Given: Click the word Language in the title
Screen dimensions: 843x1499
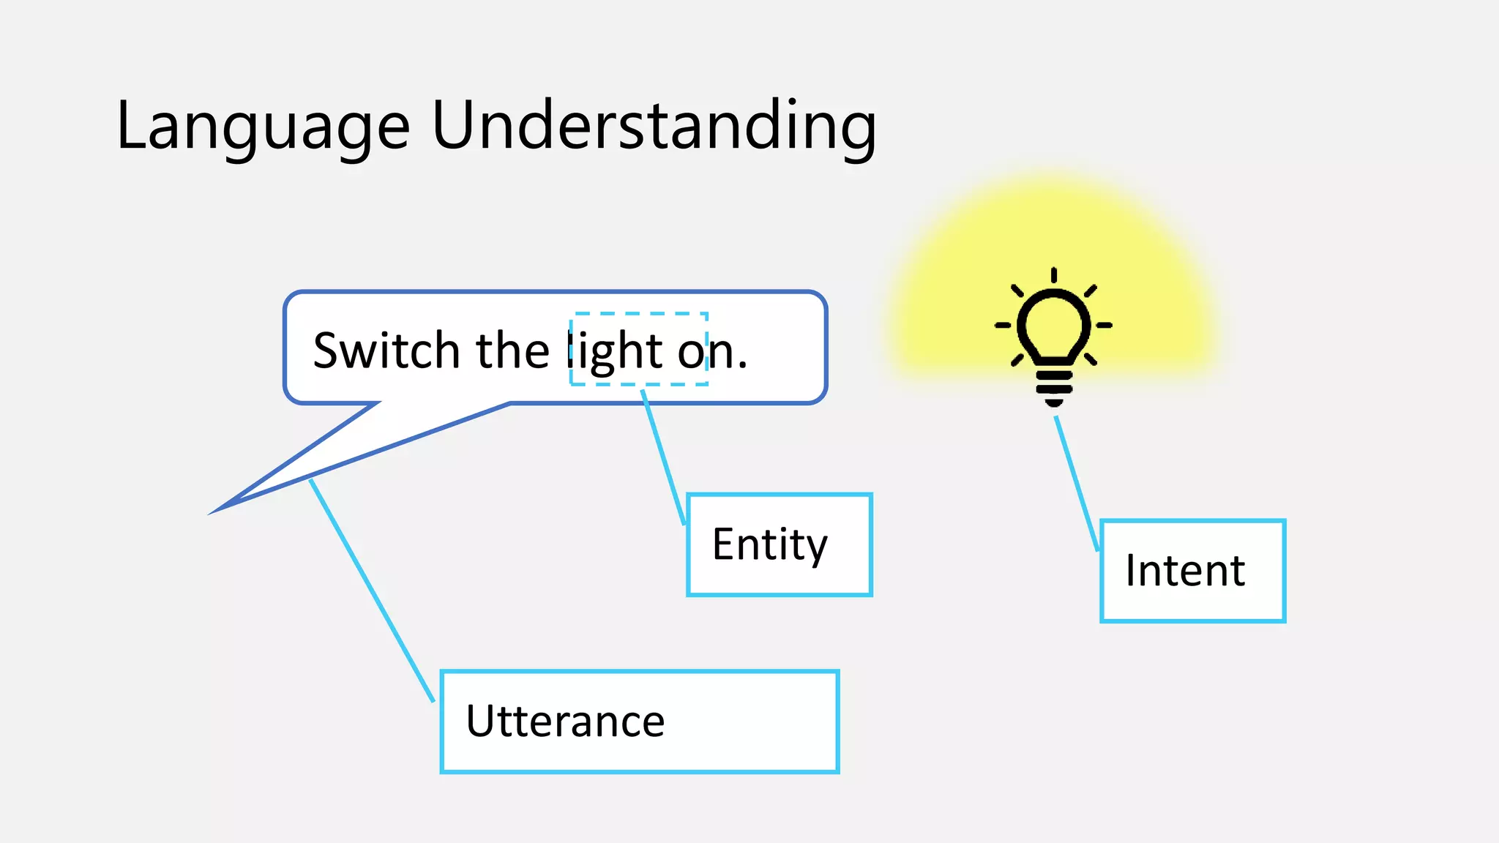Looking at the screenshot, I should click(262, 126).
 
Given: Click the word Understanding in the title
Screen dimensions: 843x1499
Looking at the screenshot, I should click(654, 126).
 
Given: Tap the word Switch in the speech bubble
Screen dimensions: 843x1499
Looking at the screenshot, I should click(386, 351).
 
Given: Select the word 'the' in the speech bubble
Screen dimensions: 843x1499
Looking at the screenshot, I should click(512, 351).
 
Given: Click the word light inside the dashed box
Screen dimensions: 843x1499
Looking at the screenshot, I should click(616, 352).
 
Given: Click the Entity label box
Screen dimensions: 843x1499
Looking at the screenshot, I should click(779, 545).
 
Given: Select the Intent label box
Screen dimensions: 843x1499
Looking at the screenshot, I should click(1192, 572).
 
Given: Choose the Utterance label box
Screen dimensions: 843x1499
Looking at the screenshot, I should click(639, 722).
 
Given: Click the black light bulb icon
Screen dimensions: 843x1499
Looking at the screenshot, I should click(1053, 333).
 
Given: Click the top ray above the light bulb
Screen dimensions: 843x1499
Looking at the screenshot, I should click(1053, 275).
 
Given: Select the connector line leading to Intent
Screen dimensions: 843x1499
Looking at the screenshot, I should click(1076, 483).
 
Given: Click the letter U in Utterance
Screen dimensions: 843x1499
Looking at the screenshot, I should click(482, 721).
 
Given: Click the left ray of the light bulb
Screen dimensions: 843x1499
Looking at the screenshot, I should click(1003, 325).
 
